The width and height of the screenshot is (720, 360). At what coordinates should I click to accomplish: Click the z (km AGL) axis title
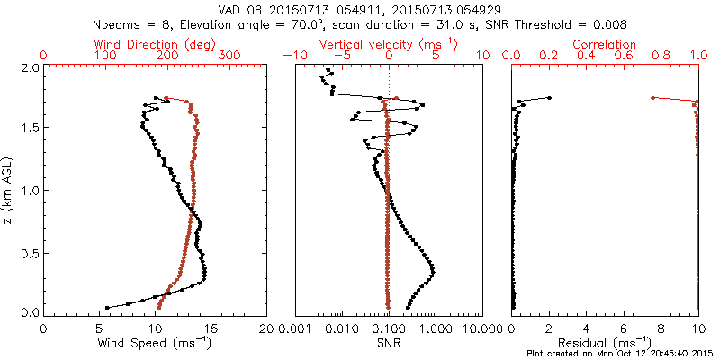coord(10,190)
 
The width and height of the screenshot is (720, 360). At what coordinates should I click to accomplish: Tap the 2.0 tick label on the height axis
coord(30,67)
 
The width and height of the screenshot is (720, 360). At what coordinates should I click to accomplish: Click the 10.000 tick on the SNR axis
coord(481,329)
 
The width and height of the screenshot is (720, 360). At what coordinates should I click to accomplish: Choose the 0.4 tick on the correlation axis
coord(587,56)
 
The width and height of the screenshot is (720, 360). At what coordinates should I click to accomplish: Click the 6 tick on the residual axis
coord(625,329)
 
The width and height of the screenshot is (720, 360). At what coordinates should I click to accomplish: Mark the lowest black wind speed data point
coord(107,307)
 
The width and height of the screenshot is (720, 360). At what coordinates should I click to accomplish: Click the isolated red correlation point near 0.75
coord(652,98)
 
